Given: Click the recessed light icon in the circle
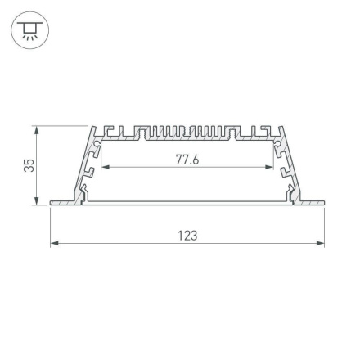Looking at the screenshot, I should tap(29, 30).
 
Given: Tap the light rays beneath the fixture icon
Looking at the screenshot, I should tap(29, 37).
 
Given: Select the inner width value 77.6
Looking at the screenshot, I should tap(187, 159).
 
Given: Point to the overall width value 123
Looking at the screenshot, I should tap(187, 235).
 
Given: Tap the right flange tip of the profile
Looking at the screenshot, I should tap(321, 201).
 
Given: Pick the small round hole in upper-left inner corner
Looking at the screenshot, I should tap(98, 144).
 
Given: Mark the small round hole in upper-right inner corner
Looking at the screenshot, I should tap(277, 144).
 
